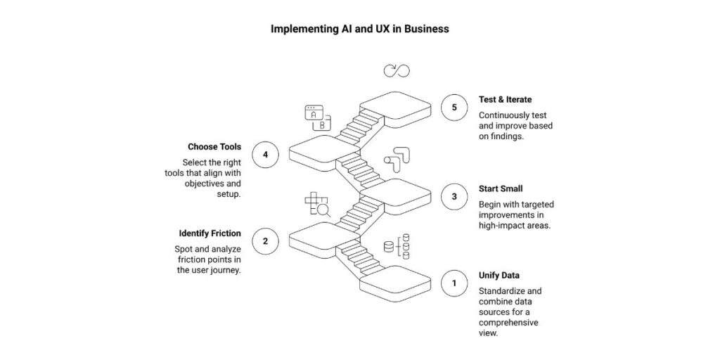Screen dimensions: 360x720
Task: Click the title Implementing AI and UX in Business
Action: click(360, 30)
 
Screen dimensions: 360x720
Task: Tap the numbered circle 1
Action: click(454, 284)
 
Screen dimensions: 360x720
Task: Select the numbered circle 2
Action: click(265, 241)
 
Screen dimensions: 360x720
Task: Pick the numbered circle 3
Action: click(454, 197)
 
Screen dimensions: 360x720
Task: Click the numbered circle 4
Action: click(265, 155)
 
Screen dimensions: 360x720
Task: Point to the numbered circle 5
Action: click(454, 108)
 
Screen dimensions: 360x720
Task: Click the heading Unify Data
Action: click(500, 275)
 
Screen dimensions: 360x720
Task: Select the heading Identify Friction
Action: click(209, 233)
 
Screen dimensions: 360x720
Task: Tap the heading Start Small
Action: click(500, 188)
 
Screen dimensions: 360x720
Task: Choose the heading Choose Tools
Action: click(214, 147)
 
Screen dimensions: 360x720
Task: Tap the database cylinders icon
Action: click(397, 246)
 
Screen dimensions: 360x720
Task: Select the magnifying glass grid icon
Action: click(317, 205)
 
